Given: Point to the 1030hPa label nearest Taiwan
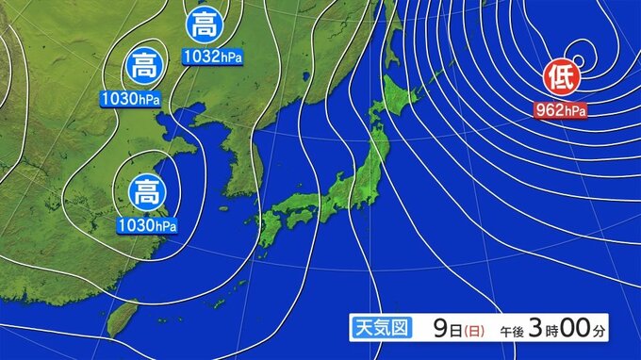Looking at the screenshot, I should click(146, 225).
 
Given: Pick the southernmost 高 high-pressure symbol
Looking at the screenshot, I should click(146, 194).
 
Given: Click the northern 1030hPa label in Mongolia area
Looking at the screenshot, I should click(132, 97).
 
